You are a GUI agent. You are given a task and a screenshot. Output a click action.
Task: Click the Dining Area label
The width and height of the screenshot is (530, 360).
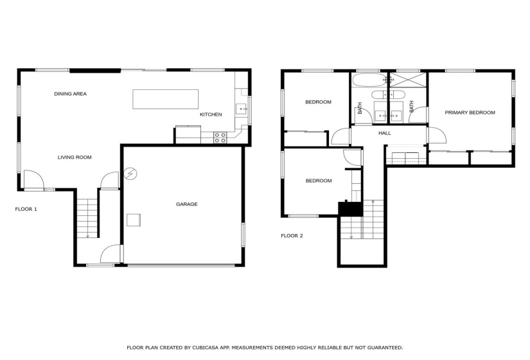coord(70,94)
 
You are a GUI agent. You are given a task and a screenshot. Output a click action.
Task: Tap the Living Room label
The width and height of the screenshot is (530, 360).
coord(75,157)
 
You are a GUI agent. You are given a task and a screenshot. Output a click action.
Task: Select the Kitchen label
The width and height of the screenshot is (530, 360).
coord(211,114)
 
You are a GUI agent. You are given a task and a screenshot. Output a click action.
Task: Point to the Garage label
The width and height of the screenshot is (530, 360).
coord(186,204)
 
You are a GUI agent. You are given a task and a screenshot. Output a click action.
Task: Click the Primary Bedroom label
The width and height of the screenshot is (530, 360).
coord(470,113)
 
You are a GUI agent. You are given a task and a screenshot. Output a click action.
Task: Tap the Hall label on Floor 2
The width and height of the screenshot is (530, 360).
coord(385,133)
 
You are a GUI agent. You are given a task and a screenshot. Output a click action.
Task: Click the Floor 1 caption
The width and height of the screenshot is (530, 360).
coord(26,209)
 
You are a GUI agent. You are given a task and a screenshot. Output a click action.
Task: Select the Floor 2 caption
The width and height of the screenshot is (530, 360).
coord(292,236)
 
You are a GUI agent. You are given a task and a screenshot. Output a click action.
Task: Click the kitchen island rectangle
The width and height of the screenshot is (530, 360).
coord(165,99)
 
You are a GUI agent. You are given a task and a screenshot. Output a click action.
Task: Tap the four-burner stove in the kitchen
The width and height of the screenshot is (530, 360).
coord(220,138)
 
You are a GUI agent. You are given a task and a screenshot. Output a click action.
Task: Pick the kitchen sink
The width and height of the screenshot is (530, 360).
coord(241,109)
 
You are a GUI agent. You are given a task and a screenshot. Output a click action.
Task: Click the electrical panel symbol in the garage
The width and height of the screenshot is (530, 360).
coord(130,174)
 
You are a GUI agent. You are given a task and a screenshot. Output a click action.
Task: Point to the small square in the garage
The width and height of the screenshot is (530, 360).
coord(134,220)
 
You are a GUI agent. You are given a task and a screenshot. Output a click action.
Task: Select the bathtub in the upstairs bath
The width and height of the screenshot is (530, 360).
coord(369,80)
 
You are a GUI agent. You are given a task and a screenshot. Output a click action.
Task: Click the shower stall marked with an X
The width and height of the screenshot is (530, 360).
coord(409,80)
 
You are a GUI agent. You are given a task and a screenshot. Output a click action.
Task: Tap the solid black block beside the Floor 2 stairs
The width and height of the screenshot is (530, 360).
coord(351,208)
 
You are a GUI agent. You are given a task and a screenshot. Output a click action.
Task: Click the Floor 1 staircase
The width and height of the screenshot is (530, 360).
coord(87,218)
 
